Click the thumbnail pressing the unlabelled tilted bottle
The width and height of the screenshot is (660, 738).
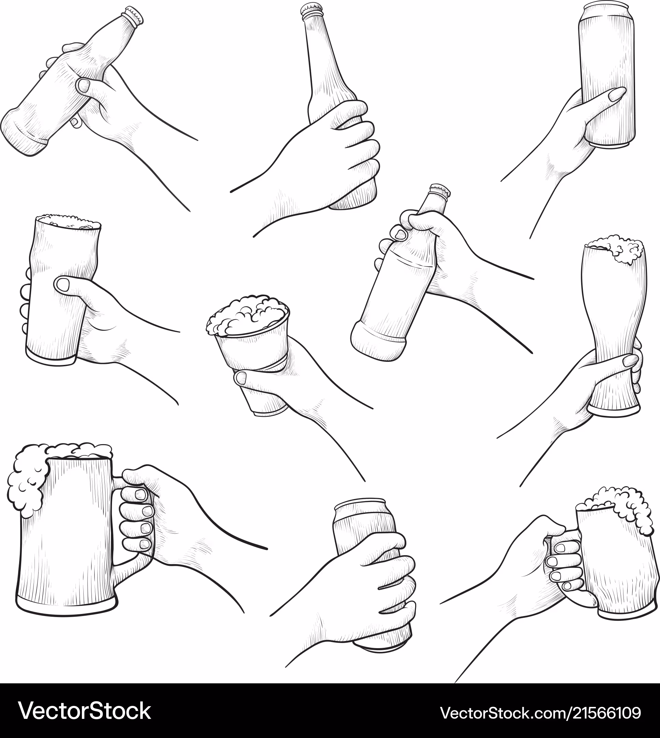[84, 86]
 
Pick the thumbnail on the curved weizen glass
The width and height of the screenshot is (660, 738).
[631, 361]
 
